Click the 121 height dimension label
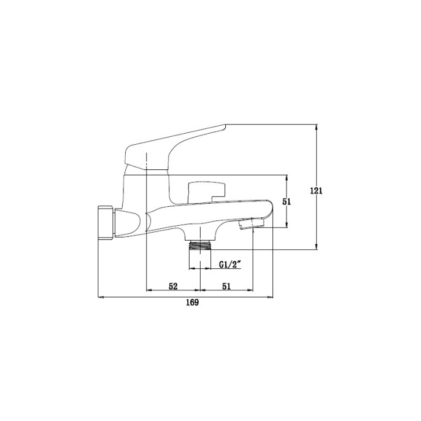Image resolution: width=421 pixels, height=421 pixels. click(x=316, y=191)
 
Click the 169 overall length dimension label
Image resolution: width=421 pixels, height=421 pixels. click(x=193, y=303)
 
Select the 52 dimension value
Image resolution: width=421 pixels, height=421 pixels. click(x=173, y=286)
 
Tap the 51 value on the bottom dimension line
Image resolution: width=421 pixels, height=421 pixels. click(x=226, y=286)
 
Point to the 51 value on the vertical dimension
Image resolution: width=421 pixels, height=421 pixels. click(x=287, y=202)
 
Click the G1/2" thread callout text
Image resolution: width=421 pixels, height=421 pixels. click(x=230, y=265)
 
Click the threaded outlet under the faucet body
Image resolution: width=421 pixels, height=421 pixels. click(x=200, y=245)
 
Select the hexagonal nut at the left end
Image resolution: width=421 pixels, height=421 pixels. click(x=106, y=222)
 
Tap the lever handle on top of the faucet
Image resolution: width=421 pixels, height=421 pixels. click(x=175, y=147)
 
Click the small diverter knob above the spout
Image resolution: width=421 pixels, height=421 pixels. click(x=206, y=192)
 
